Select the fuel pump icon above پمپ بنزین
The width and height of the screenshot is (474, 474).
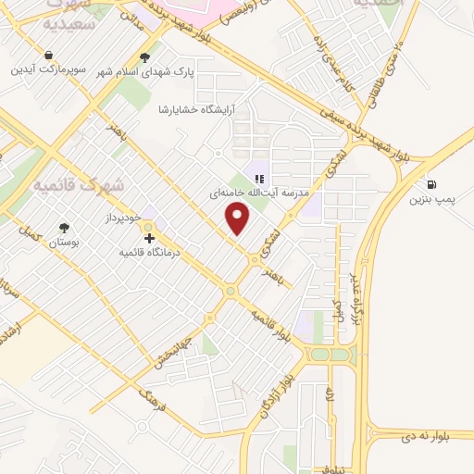[x=431, y=183]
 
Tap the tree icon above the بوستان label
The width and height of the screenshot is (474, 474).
[x=64, y=228]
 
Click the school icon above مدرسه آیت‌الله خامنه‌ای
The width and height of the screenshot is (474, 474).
[x=261, y=179]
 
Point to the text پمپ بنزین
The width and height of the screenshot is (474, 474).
[x=432, y=201]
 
